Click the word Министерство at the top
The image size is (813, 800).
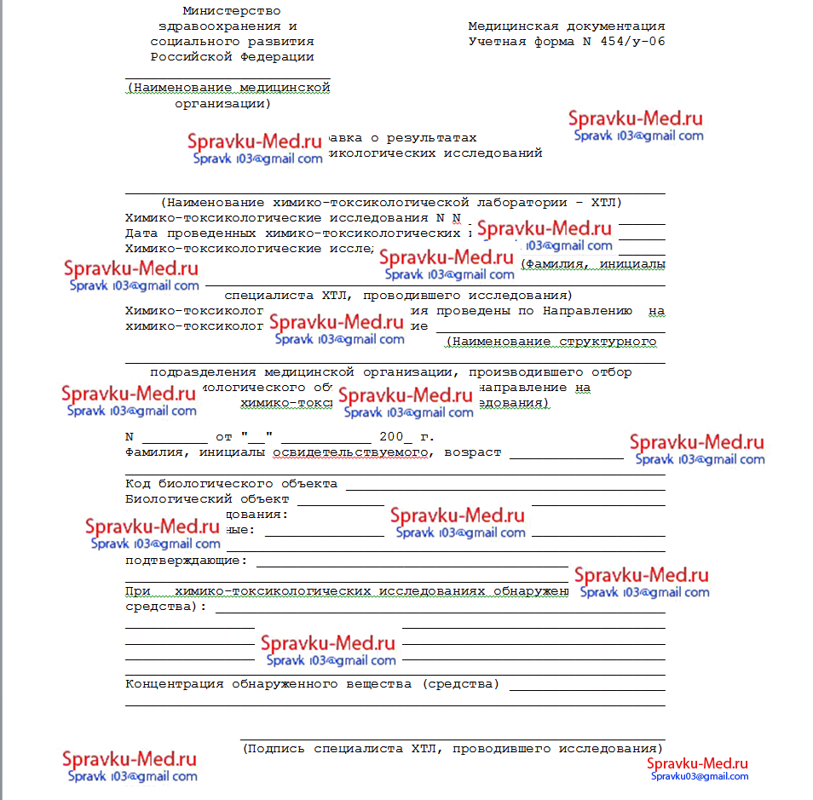click(x=231, y=11)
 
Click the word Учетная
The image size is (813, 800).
click(x=498, y=41)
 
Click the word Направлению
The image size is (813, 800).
click(x=586, y=311)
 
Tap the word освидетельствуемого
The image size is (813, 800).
click(x=349, y=452)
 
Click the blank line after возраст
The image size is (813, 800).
click(x=566, y=458)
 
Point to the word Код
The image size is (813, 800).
click(x=136, y=484)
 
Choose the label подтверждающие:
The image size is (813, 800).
click(x=186, y=560)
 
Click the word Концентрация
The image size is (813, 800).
click(x=174, y=683)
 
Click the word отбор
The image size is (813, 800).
click(x=611, y=371)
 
